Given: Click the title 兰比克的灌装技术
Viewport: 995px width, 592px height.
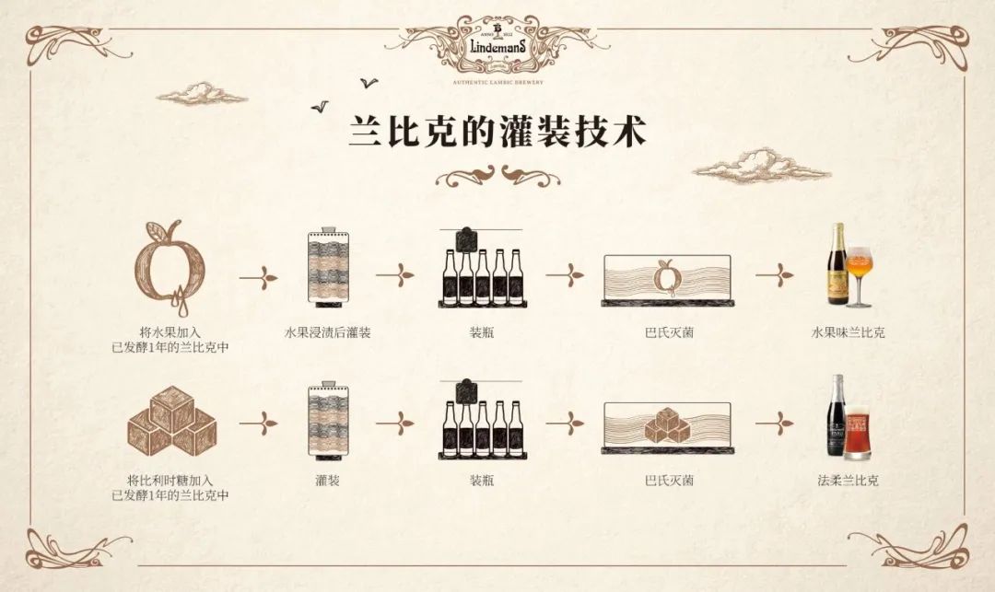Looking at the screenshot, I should coord(497,131).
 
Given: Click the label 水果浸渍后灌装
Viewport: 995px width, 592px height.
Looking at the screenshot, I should coord(328,331).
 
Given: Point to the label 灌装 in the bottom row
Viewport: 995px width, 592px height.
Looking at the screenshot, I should coord(328,480).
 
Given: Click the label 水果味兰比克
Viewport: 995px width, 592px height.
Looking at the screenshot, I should coord(848,331).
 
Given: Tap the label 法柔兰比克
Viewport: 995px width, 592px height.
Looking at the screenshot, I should coord(848,480).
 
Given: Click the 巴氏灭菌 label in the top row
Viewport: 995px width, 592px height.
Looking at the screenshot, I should coord(670,331).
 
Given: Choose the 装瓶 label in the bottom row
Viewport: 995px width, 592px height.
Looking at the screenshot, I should coord(482,480).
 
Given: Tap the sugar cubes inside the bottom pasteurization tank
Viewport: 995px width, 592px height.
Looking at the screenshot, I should coord(668,424).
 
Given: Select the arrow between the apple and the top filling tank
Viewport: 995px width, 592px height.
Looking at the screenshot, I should coord(259,274).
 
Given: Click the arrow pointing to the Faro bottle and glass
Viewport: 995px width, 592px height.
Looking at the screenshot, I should coord(775,424).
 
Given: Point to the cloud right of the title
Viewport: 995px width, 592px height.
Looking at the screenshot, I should coord(747,167).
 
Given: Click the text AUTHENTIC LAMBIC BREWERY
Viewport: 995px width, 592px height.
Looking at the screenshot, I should coord(497,82).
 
